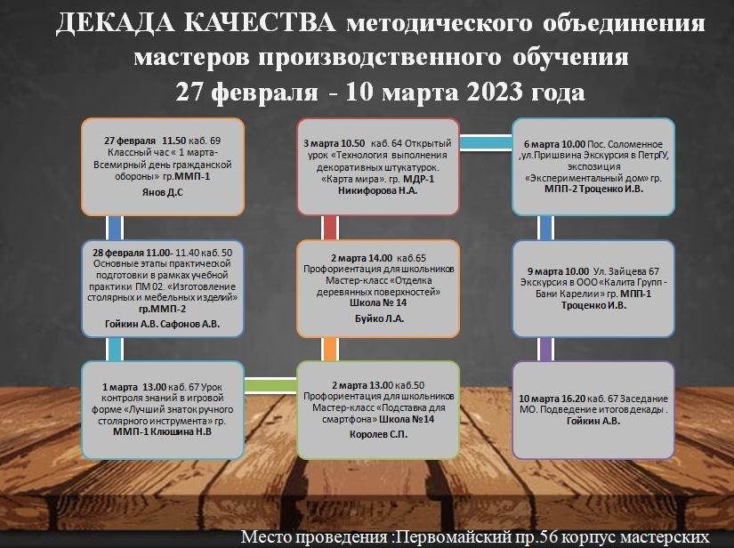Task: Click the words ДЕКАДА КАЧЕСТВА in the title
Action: [196, 23]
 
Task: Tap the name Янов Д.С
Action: [163, 192]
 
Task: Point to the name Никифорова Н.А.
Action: [378, 190]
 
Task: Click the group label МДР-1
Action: [418, 179]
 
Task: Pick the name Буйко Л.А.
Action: [379, 318]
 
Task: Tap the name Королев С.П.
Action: [379, 434]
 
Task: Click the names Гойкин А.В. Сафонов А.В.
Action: [163, 324]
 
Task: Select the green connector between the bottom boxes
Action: [270, 385]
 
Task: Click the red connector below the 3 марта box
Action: [330, 228]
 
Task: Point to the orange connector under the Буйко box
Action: [330, 349]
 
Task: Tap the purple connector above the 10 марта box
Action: [545, 349]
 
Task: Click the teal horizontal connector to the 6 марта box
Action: [486, 142]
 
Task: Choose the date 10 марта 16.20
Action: [552, 399]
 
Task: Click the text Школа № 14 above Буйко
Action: [378, 302]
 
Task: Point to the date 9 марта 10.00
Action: [558, 271]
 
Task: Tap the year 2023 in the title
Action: [495, 92]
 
